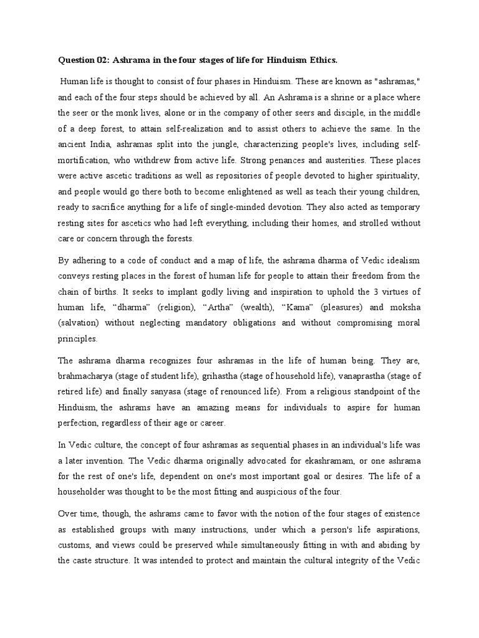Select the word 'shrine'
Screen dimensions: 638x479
point(321,98)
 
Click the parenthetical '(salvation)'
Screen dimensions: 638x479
point(79,323)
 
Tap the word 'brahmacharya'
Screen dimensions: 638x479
point(85,376)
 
